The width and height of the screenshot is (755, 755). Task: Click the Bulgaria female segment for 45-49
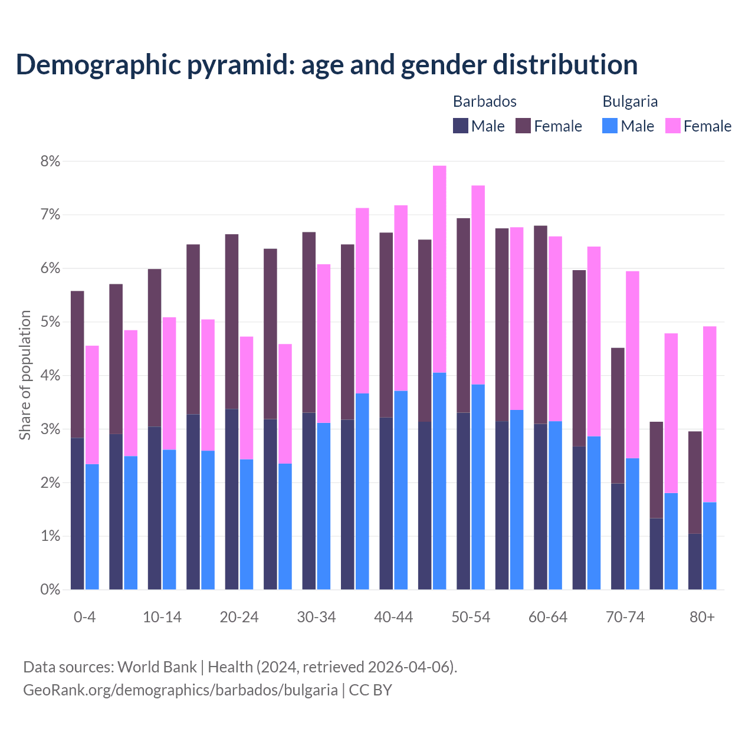coord(439,269)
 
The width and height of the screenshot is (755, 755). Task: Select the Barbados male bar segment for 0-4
coord(77,513)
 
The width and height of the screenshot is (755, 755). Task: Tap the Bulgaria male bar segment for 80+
coord(710,546)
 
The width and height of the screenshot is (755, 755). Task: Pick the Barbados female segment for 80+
coord(695,482)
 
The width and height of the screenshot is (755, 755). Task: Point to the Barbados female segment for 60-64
coord(540,324)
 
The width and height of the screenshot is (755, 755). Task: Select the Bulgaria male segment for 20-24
coord(247,524)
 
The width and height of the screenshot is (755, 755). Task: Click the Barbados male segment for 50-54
coord(463,501)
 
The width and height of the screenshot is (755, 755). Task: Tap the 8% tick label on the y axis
coord(50,161)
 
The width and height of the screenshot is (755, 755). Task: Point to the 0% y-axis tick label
coord(50,590)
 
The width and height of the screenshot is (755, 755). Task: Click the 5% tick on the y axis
coord(50,322)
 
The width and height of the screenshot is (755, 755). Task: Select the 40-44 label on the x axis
coord(393,618)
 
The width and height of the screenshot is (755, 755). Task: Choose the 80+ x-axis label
coord(702,618)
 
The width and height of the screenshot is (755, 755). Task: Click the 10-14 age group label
coord(162,618)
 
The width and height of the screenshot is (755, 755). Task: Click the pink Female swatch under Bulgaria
coord(672,126)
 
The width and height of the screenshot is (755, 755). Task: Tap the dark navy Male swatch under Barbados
coord(460,126)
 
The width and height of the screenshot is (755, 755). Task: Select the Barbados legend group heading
coord(484,101)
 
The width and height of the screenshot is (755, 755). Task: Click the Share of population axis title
coord(25,375)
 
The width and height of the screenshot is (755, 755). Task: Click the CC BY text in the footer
coord(370,690)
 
